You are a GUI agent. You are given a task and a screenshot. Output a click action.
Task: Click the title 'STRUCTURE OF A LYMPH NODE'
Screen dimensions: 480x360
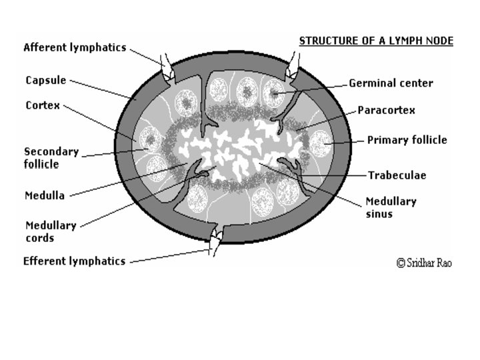point(376,41)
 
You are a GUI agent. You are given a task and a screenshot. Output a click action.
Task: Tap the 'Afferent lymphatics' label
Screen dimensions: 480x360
point(75,47)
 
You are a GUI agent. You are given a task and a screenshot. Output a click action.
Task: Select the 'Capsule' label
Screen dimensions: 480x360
point(46,80)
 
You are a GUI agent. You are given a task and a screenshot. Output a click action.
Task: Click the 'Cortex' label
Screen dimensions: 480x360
point(43,105)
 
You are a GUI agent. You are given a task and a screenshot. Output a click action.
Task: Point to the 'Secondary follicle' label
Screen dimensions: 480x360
point(51,157)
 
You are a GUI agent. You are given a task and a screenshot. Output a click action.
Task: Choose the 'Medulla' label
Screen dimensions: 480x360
point(45,195)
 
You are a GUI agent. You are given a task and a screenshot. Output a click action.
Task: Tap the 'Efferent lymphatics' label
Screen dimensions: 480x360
point(74,261)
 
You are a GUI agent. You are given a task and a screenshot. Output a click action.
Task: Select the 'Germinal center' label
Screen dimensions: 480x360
point(391,83)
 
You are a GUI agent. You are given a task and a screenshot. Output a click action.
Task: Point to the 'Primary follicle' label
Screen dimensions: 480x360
point(407,140)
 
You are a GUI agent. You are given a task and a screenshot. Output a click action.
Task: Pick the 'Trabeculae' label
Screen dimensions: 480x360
point(397,175)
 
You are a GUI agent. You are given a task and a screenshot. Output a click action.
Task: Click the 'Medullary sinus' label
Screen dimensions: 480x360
point(391,207)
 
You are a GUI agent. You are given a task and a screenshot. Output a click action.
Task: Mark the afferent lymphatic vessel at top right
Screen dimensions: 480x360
point(293,62)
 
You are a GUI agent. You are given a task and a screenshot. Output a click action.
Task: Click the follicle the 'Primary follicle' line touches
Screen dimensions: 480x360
point(321,143)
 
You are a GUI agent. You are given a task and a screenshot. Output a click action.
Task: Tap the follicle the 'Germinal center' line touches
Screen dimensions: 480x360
point(273,92)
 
